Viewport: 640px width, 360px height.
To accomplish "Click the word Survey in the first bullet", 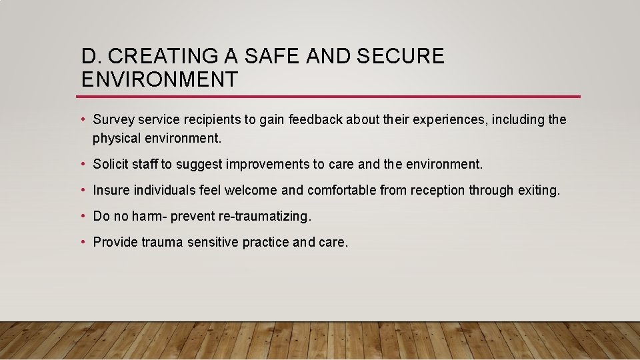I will point(114,120).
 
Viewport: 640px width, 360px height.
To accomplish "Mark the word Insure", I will point(111,191).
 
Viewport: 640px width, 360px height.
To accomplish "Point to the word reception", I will point(437,191).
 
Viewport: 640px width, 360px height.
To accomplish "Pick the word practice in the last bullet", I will point(265,243).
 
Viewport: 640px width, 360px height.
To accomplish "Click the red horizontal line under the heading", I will point(330,97).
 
